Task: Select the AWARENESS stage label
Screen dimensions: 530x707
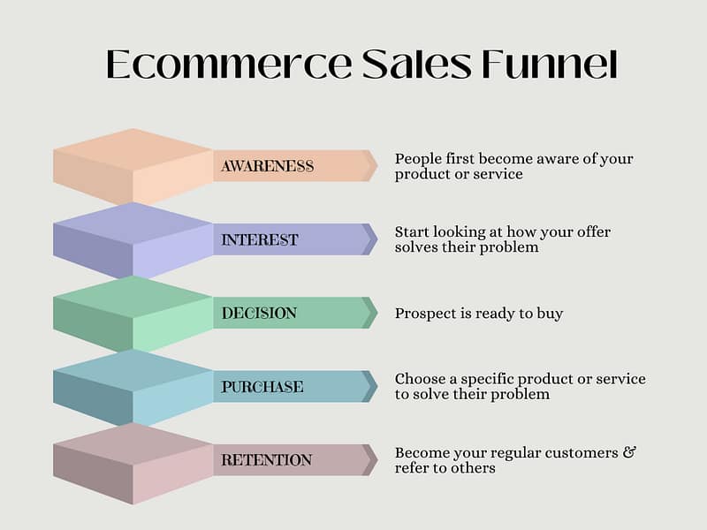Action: coord(268,166)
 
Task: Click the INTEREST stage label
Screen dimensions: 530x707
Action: coord(260,239)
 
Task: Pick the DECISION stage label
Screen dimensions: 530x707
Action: coord(259,313)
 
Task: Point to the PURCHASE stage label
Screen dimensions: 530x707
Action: coord(262,387)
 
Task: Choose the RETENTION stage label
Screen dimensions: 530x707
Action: coord(266,460)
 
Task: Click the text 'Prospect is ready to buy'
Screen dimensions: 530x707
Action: coord(478,314)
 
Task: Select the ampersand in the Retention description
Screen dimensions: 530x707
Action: coord(629,452)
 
